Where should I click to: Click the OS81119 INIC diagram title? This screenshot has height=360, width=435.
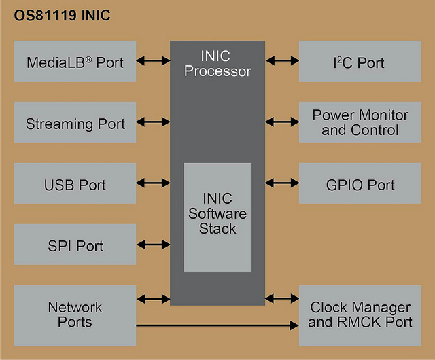pos(62,15)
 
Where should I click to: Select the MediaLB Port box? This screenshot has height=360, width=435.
pos(75,61)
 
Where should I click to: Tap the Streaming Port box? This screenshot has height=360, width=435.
pos(75,122)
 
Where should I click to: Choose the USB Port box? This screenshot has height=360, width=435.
pos(75,183)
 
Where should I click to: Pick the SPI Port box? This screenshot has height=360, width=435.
pos(75,245)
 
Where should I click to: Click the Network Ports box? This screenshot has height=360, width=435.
pos(75,316)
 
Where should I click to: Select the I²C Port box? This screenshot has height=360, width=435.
pos(360,61)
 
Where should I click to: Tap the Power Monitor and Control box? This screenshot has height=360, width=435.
pos(360,122)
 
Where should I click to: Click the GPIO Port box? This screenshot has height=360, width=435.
pos(360,183)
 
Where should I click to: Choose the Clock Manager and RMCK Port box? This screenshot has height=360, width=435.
pos(360,316)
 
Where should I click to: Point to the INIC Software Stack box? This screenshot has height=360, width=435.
pos(217,217)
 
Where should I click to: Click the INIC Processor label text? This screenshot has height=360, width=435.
pos(217,64)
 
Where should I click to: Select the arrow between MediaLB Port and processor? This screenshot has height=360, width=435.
pos(153,60)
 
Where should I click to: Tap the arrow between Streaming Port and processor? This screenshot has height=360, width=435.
pos(153,122)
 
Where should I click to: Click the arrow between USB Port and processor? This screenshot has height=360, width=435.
pos(153,183)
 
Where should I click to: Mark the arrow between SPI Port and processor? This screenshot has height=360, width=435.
pos(153,245)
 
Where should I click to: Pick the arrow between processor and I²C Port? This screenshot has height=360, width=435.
pos(282,60)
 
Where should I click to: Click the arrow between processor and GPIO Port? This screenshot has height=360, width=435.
pos(282,183)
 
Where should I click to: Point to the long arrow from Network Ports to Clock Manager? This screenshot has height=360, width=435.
pos(217,325)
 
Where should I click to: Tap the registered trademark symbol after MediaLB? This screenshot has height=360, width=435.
pos(88,59)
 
